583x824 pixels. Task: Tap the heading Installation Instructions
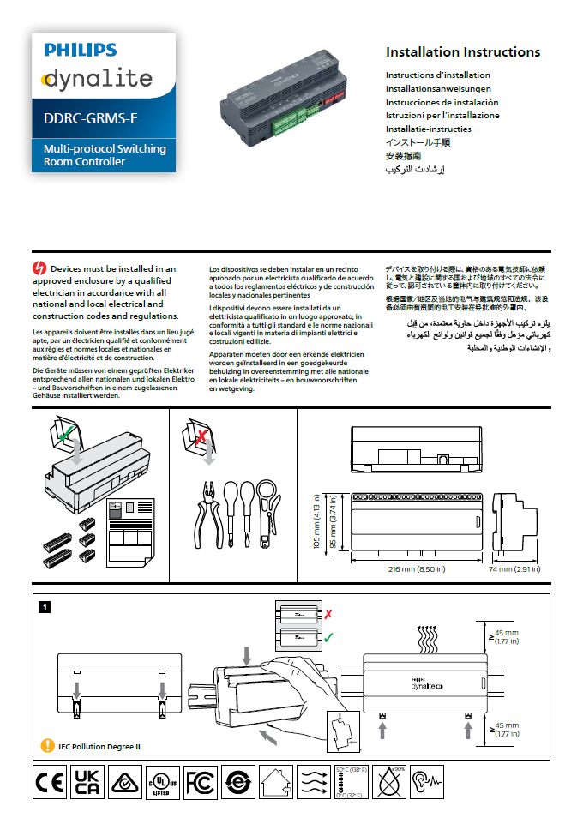pyautogui.click(x=462, y=52)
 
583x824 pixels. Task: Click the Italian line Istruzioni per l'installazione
pyautogui.click(x=442, y=115)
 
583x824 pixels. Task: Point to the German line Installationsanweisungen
pyautogui.click(x=437, y=88)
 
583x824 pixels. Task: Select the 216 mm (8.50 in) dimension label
pyautogui.click(x=412, y=568)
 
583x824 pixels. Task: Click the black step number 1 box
pyautogui.click(x=45, y=607)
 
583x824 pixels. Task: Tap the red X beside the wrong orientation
pyautogui.click(x=328, y=615)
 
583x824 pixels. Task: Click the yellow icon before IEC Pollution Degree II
pyautogui.click(x=48, y=746)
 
